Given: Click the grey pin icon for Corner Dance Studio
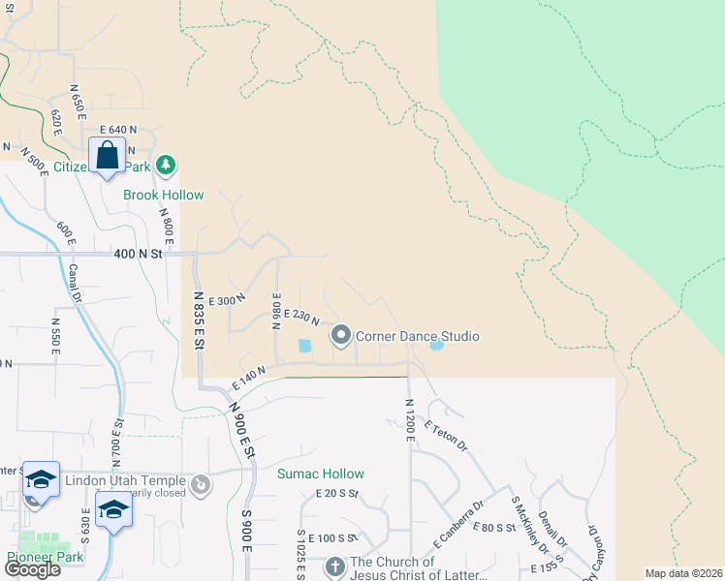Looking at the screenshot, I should pos(340,336).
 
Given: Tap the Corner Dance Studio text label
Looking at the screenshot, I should pos(418,337).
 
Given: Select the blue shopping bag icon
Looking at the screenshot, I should pos(107,155).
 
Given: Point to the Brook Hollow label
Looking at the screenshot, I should pos(163,195).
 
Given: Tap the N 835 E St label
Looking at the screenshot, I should pos(198,321).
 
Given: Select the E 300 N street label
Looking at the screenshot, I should pos(228,301).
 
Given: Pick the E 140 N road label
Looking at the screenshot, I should pos(248,378).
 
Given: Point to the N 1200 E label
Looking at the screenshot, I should pos(410,420).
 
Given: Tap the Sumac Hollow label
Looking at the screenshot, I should pos(321,474).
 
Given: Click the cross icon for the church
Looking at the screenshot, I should pos(334,567).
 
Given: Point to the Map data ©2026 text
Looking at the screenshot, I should pos(683,573).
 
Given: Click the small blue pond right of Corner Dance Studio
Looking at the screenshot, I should pos(436,345).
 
